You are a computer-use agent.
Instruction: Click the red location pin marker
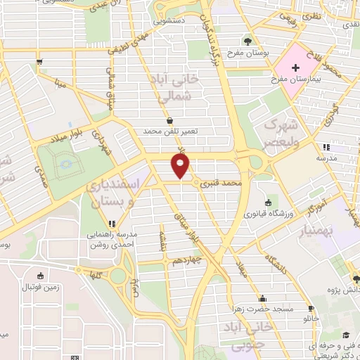coord(181,166)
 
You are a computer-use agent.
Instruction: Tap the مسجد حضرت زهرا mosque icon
coord(262,298)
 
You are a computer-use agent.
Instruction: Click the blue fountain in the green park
coord(67,162)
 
